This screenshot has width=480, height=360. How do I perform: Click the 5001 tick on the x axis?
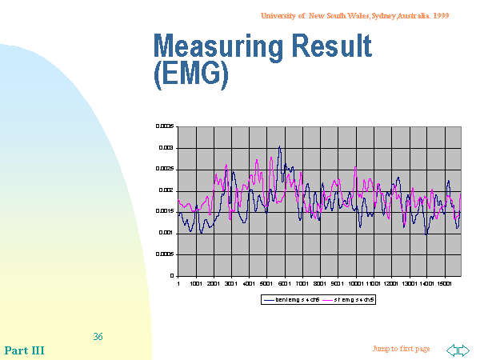coord(266,282)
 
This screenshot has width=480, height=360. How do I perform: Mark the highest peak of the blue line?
coord(279,147)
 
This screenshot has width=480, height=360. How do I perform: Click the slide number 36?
coord(98,337)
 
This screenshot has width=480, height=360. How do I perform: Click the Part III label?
coord(24,350)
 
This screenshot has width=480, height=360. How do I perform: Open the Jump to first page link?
coord(401,349)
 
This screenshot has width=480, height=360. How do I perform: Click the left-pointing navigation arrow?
coord(452,350)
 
